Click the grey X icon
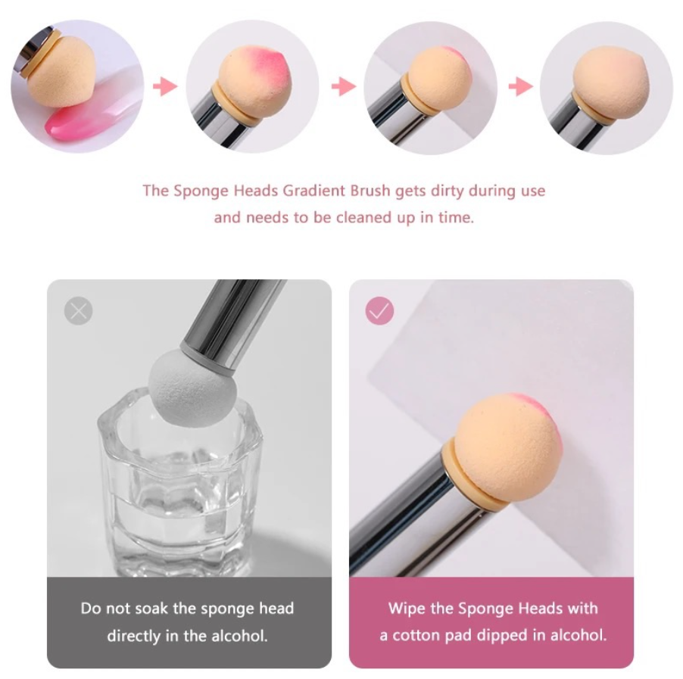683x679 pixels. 79,310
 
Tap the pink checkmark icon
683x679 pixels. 379,310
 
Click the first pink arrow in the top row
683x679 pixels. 165,86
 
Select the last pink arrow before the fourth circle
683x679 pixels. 520,86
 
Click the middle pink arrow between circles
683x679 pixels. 344,86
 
